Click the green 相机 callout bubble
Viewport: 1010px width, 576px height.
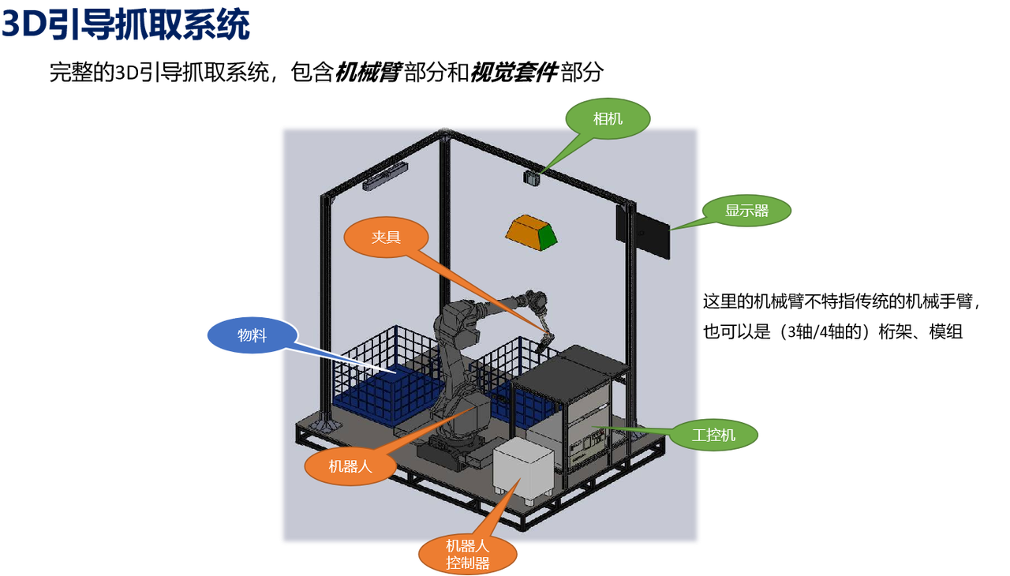(608, 119)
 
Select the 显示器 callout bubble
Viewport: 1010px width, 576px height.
(746, 211)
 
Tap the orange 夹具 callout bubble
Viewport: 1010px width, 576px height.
(387, 237)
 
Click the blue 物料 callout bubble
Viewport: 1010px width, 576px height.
(252, 335)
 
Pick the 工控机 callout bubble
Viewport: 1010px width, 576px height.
(713, 435)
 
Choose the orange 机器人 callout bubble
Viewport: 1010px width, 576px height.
(350, 466)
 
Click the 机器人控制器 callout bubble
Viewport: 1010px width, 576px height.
(468, 554)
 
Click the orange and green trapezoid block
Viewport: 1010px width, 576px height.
(531, 233)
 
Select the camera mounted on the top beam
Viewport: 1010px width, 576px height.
(531, 178)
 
